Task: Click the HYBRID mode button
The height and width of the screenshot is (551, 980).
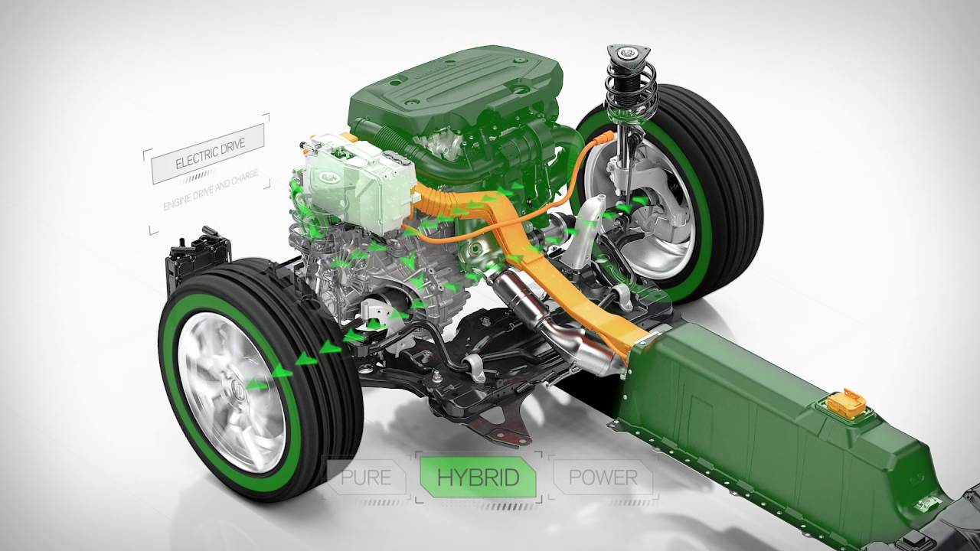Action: tap(479, 477)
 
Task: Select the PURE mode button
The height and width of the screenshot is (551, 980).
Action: tap(367, 477)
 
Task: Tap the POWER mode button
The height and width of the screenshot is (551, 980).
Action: tap(603, 477)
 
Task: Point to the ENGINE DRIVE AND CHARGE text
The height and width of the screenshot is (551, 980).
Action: tap(211, 191)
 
